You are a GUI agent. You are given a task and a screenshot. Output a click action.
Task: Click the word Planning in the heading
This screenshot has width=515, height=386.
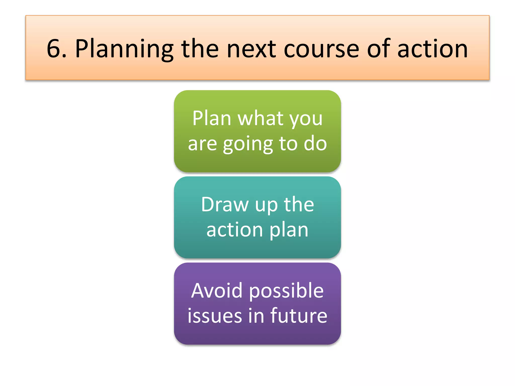click(124, 49)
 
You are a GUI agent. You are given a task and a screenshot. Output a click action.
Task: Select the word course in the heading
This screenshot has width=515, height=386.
click(321, 49)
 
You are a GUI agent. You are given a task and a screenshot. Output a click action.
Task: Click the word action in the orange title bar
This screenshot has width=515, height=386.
click(433, 49)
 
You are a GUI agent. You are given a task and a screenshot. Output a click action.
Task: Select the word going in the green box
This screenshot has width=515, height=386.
click(248, 144)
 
